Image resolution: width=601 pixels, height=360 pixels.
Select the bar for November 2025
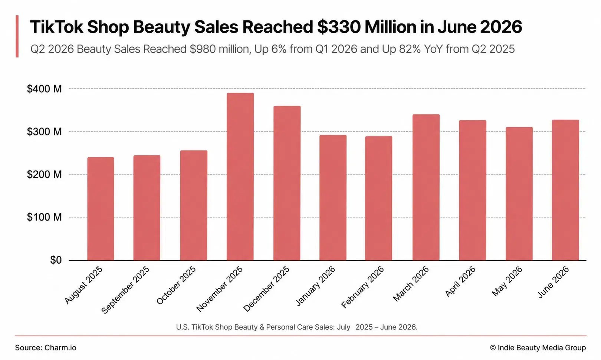tap(240, 176)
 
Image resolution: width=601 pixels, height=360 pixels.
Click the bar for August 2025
tap(101, 209)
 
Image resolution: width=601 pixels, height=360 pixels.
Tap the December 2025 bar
tap(287, 183)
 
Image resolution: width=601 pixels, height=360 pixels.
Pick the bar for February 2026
tap(378, 198)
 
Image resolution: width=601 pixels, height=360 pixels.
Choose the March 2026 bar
tap(426, 187)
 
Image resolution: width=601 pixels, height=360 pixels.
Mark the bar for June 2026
tap(565, 190)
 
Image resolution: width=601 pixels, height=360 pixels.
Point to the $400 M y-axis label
tap(44, 89)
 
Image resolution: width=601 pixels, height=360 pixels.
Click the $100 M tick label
tap(44, 217)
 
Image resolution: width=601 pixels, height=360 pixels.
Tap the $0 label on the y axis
tap(56, 260)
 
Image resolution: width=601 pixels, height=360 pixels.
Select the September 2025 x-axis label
tap(125, 290)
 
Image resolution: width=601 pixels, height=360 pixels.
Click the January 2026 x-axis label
tap(315, 286)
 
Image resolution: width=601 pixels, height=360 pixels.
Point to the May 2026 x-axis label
tap(507, 281)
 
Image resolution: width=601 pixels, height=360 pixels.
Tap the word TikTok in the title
tap(57, 27)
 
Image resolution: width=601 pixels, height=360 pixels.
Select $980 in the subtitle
tap(203, 49)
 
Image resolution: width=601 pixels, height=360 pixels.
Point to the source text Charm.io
tap(60, 348)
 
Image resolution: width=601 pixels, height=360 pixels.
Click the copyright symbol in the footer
tap(493, 348)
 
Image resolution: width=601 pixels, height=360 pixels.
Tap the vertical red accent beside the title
tap(17, 36)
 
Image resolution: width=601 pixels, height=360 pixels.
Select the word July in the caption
tap(344, 327)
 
